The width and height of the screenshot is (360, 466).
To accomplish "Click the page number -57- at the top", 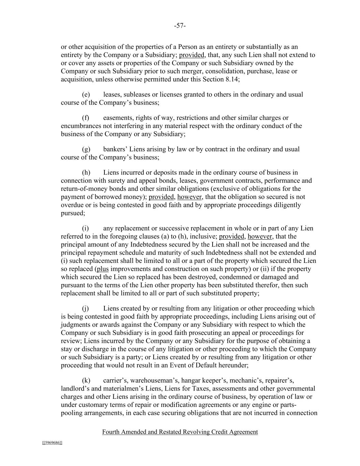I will (180, 26).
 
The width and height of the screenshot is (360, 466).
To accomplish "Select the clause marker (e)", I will (86, 95).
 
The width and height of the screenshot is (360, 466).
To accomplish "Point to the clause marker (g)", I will (86, 149).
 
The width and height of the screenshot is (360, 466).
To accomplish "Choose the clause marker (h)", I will (86, 172).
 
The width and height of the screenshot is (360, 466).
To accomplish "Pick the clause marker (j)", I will (85, 308).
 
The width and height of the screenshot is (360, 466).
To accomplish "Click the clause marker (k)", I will (86, 380).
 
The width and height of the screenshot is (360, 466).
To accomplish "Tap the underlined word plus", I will (103, 269).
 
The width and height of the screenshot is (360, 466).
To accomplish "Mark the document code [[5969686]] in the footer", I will (52, 443).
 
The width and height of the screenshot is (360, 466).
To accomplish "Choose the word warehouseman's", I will (154, 380).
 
